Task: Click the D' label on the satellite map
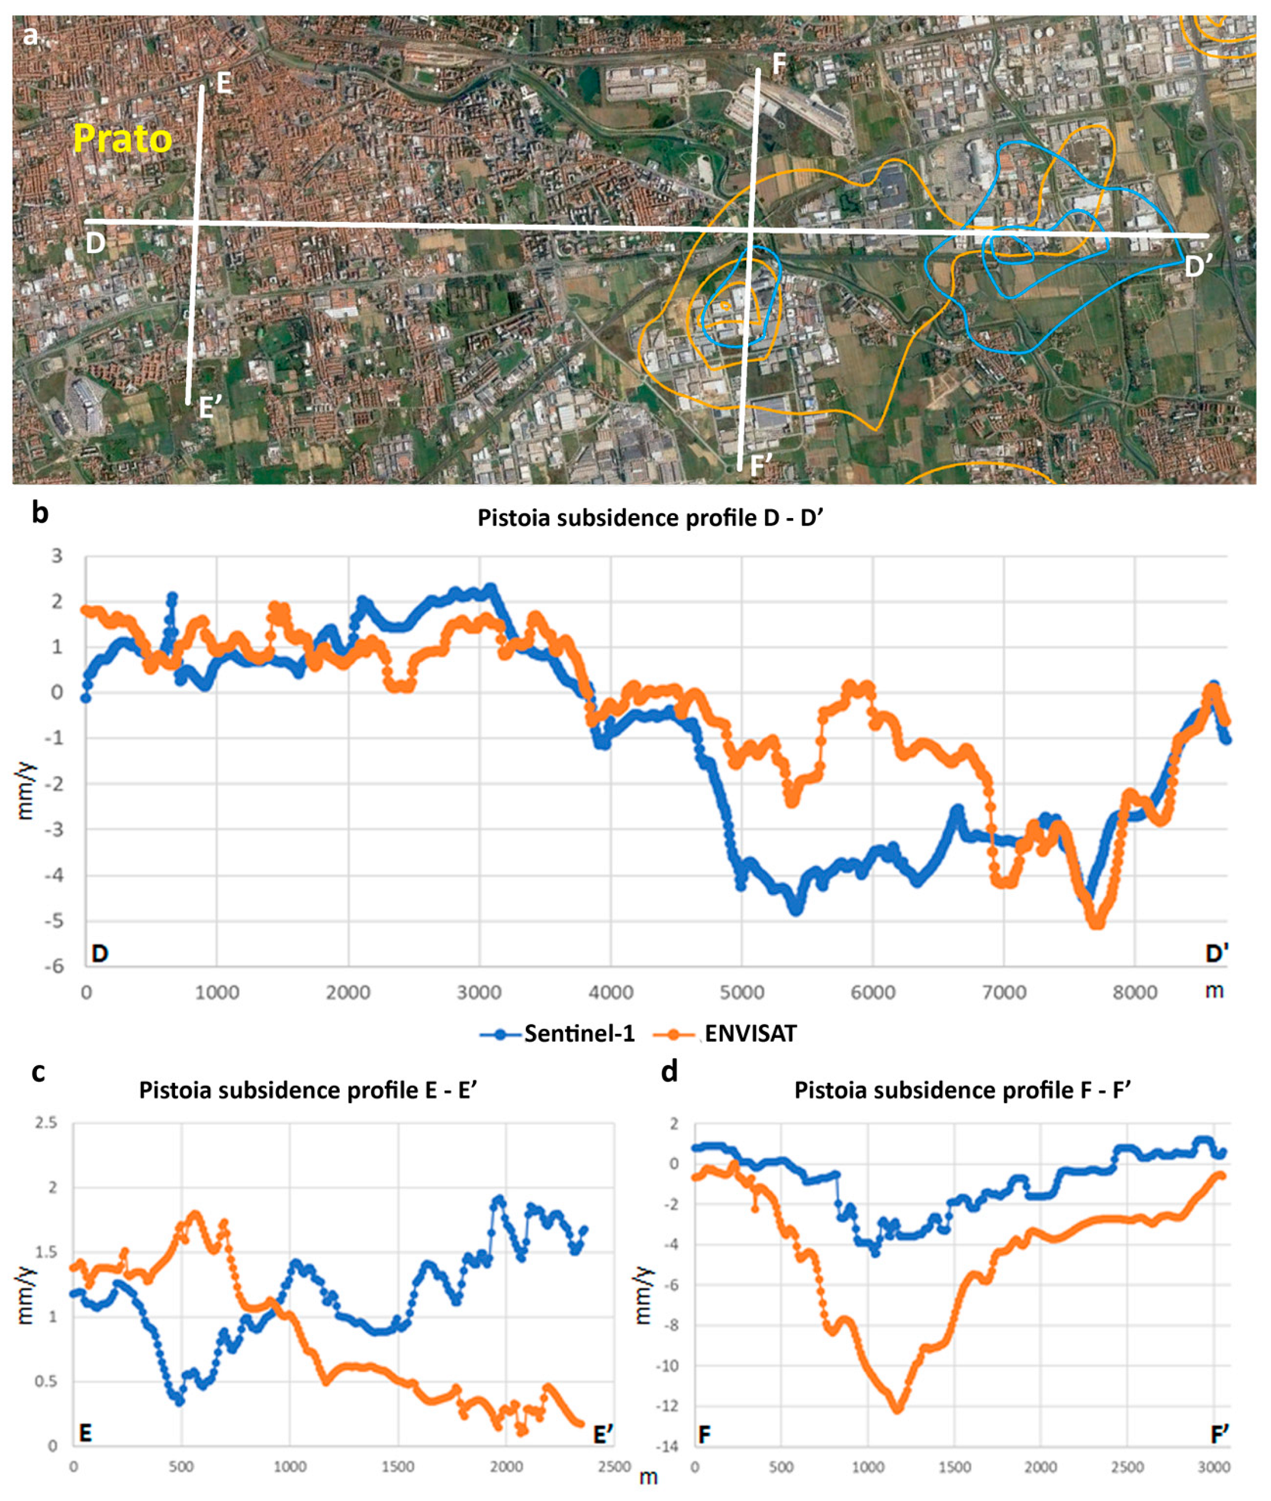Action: (x=1197, y=268)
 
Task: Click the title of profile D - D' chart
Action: (x=650, y=518)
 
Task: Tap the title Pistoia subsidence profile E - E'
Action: (x=309, y=1090)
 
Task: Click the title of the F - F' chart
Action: (x=962, y=1090)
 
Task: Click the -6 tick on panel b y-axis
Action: (x=55, y=967)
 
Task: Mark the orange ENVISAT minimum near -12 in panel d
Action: (x=898, y=1410)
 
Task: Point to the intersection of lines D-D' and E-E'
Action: (x=196, y=222)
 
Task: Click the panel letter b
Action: (x=40, y=513)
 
